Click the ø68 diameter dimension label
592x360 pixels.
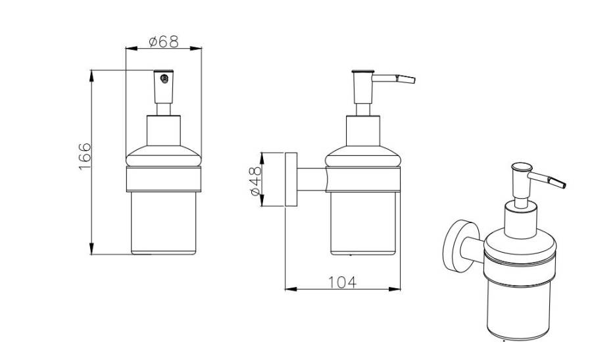(x=164, y=41)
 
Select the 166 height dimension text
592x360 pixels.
(x=85, y=157)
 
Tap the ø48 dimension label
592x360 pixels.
(x=256, y=181)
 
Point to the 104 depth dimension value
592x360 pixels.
(x=342, y=282)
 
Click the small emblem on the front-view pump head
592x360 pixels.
(x=164, y=78)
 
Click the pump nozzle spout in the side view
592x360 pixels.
(x=394, y=78)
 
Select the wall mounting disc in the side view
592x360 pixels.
(x=291, y=180)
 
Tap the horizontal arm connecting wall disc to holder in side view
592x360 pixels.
(x=312, y=180)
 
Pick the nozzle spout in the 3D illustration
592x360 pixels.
(x=547, y=180)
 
